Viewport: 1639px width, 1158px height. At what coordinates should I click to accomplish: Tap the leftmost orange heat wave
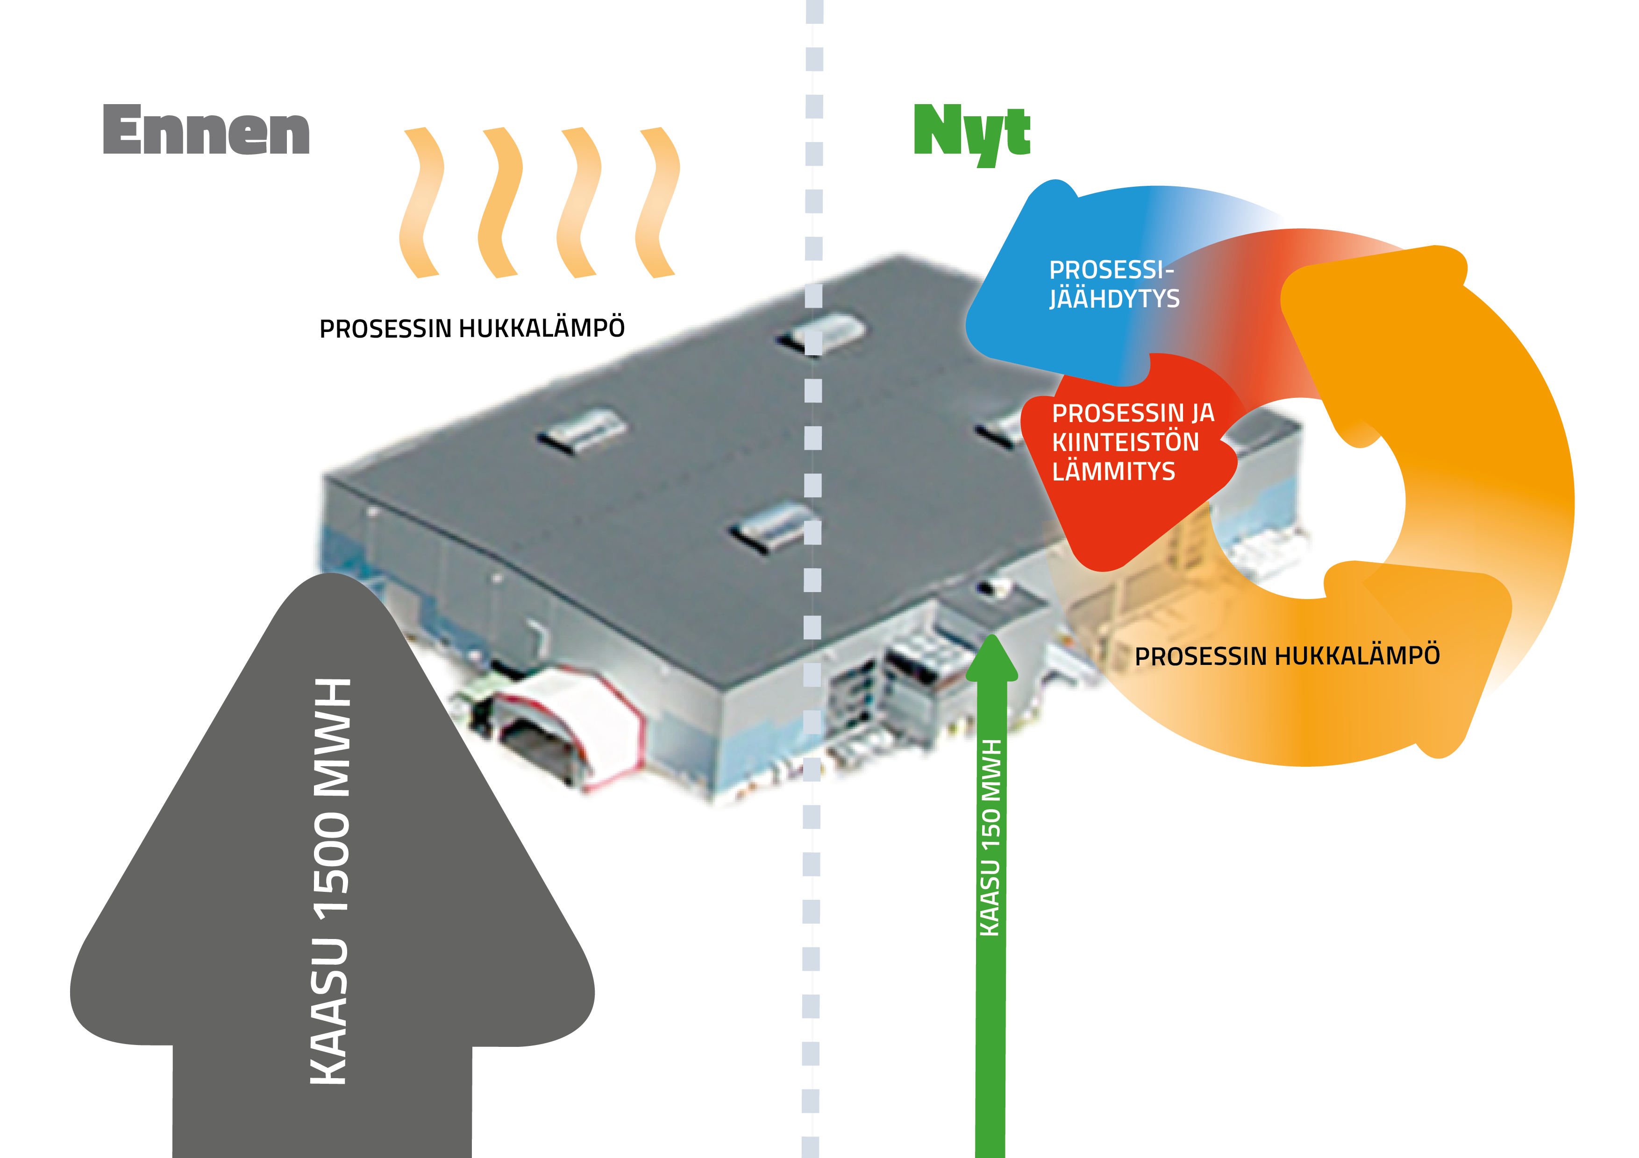[421, 203]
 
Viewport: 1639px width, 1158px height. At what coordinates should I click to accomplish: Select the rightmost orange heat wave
[657, 203]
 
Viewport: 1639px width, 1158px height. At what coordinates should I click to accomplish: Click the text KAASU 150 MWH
[991, 837]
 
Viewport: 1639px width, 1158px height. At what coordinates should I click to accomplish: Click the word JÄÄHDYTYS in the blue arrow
[1114, 298]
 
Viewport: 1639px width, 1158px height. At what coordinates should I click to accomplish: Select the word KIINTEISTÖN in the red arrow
[1125, 442]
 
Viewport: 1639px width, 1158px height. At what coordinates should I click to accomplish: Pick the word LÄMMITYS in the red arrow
[1113, 472]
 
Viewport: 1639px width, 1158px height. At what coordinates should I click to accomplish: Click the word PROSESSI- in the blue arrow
[1111, 270]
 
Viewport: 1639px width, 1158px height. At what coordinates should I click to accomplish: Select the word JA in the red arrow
[1202, 413]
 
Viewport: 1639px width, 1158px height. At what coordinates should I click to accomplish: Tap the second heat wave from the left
[500, 203]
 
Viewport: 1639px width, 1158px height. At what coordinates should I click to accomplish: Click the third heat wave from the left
[579, 203]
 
